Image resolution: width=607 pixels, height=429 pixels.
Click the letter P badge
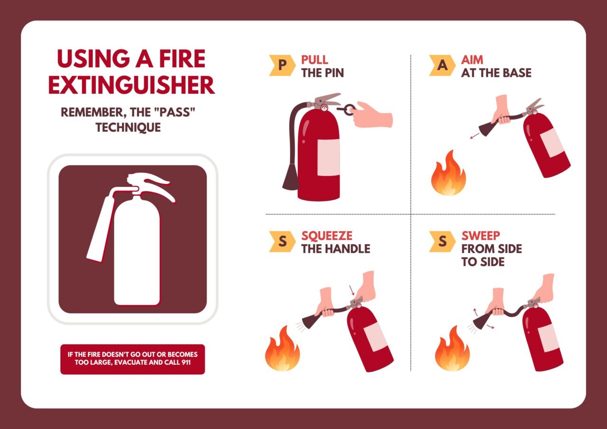pos(282,65)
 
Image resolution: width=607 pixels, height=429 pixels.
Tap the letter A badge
pos(442,65)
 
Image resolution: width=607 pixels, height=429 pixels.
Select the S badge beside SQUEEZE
pos(282,241)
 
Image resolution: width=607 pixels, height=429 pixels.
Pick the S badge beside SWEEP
pos(442,241)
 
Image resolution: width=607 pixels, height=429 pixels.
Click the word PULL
pos(314,60)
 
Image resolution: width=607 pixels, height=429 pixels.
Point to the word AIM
pos(472,60)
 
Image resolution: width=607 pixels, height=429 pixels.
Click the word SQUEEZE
pos(327,236)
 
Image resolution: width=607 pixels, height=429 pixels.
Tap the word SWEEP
pos(480,236)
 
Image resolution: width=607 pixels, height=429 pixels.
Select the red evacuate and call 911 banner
pos(132,359)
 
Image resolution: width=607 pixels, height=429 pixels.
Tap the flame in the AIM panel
pos(448,174)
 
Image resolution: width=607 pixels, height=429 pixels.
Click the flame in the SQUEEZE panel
pos(282,348)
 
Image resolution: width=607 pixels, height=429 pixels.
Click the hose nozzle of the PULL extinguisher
pos(291,178)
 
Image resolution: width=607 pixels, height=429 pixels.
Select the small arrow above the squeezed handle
pos(351,290)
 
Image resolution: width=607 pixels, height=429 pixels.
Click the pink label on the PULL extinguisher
pos(329,158)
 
